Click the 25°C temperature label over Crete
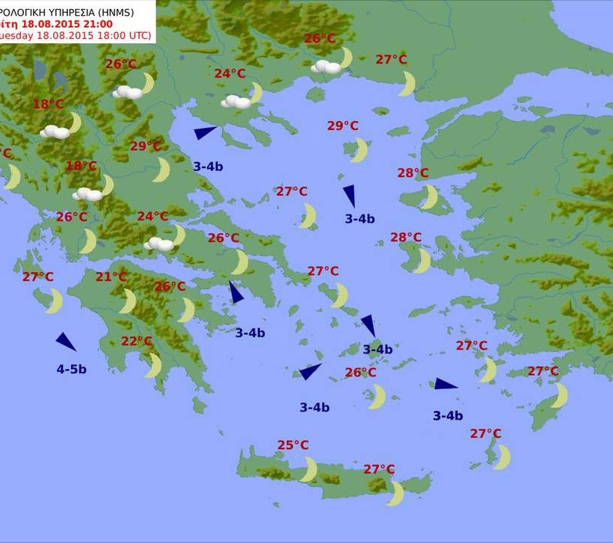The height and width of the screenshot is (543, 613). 293,445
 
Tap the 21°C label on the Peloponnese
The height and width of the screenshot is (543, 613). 111,277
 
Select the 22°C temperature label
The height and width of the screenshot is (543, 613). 137,341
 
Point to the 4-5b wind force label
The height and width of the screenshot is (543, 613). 72,369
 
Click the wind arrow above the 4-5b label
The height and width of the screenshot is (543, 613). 66,342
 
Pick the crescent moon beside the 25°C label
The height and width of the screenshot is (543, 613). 309,469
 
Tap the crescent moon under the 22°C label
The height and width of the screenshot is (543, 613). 153,365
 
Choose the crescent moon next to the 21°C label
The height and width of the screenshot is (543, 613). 128,301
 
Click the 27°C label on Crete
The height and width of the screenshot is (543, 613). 379,469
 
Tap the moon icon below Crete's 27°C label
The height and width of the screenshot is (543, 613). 396,493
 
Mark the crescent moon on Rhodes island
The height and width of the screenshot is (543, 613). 560,395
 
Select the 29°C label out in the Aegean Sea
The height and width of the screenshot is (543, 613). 342,125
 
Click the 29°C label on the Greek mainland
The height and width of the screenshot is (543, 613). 146,146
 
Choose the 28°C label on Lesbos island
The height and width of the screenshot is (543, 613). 413,173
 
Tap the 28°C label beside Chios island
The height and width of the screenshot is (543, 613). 406,238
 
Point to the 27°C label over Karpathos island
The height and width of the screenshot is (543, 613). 486,433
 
